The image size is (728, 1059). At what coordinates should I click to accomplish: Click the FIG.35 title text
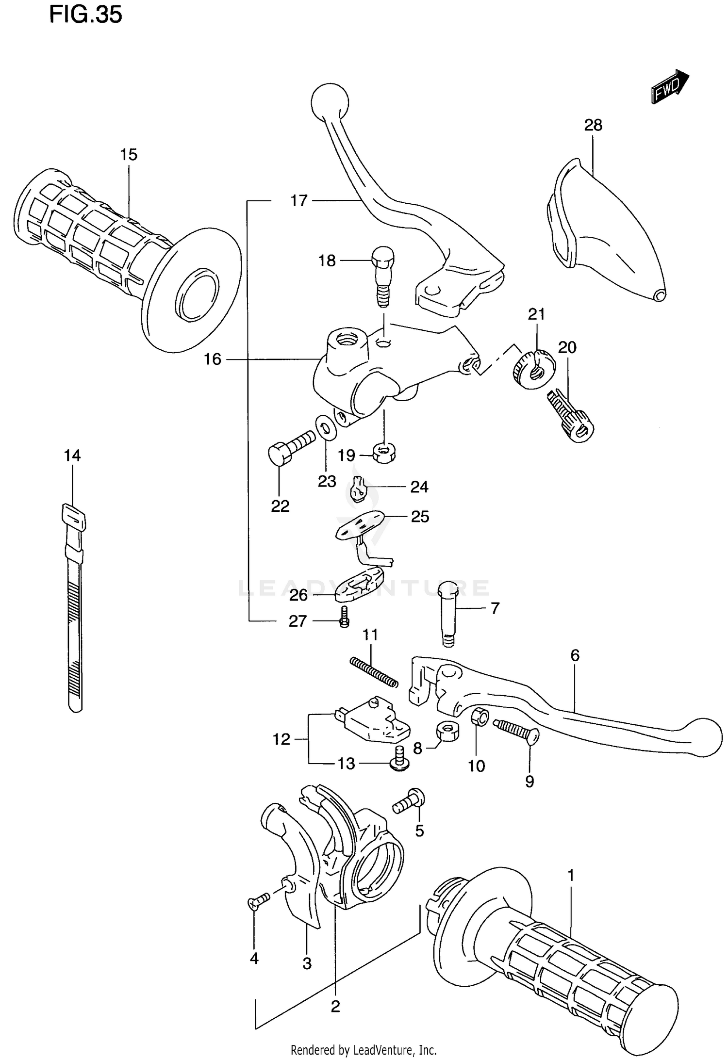click(85, 15)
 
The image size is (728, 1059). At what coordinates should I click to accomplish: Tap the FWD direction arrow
click(670, 86)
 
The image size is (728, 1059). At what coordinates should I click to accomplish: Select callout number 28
click(593, 125)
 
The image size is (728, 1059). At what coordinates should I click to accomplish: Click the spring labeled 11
click(374, 671)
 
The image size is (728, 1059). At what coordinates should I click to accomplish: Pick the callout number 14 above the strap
click(72, 456)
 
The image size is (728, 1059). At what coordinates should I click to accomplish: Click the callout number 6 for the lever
click(575, 656)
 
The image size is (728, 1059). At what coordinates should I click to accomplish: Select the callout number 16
click(213, 359)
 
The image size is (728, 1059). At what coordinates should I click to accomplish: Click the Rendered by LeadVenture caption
click(364, 1050)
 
